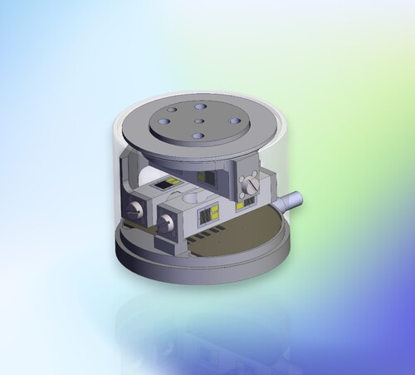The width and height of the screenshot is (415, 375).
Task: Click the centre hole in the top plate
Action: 199,121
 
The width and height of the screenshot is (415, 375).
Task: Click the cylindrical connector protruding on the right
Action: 291,200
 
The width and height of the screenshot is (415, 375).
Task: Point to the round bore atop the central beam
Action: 190,200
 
